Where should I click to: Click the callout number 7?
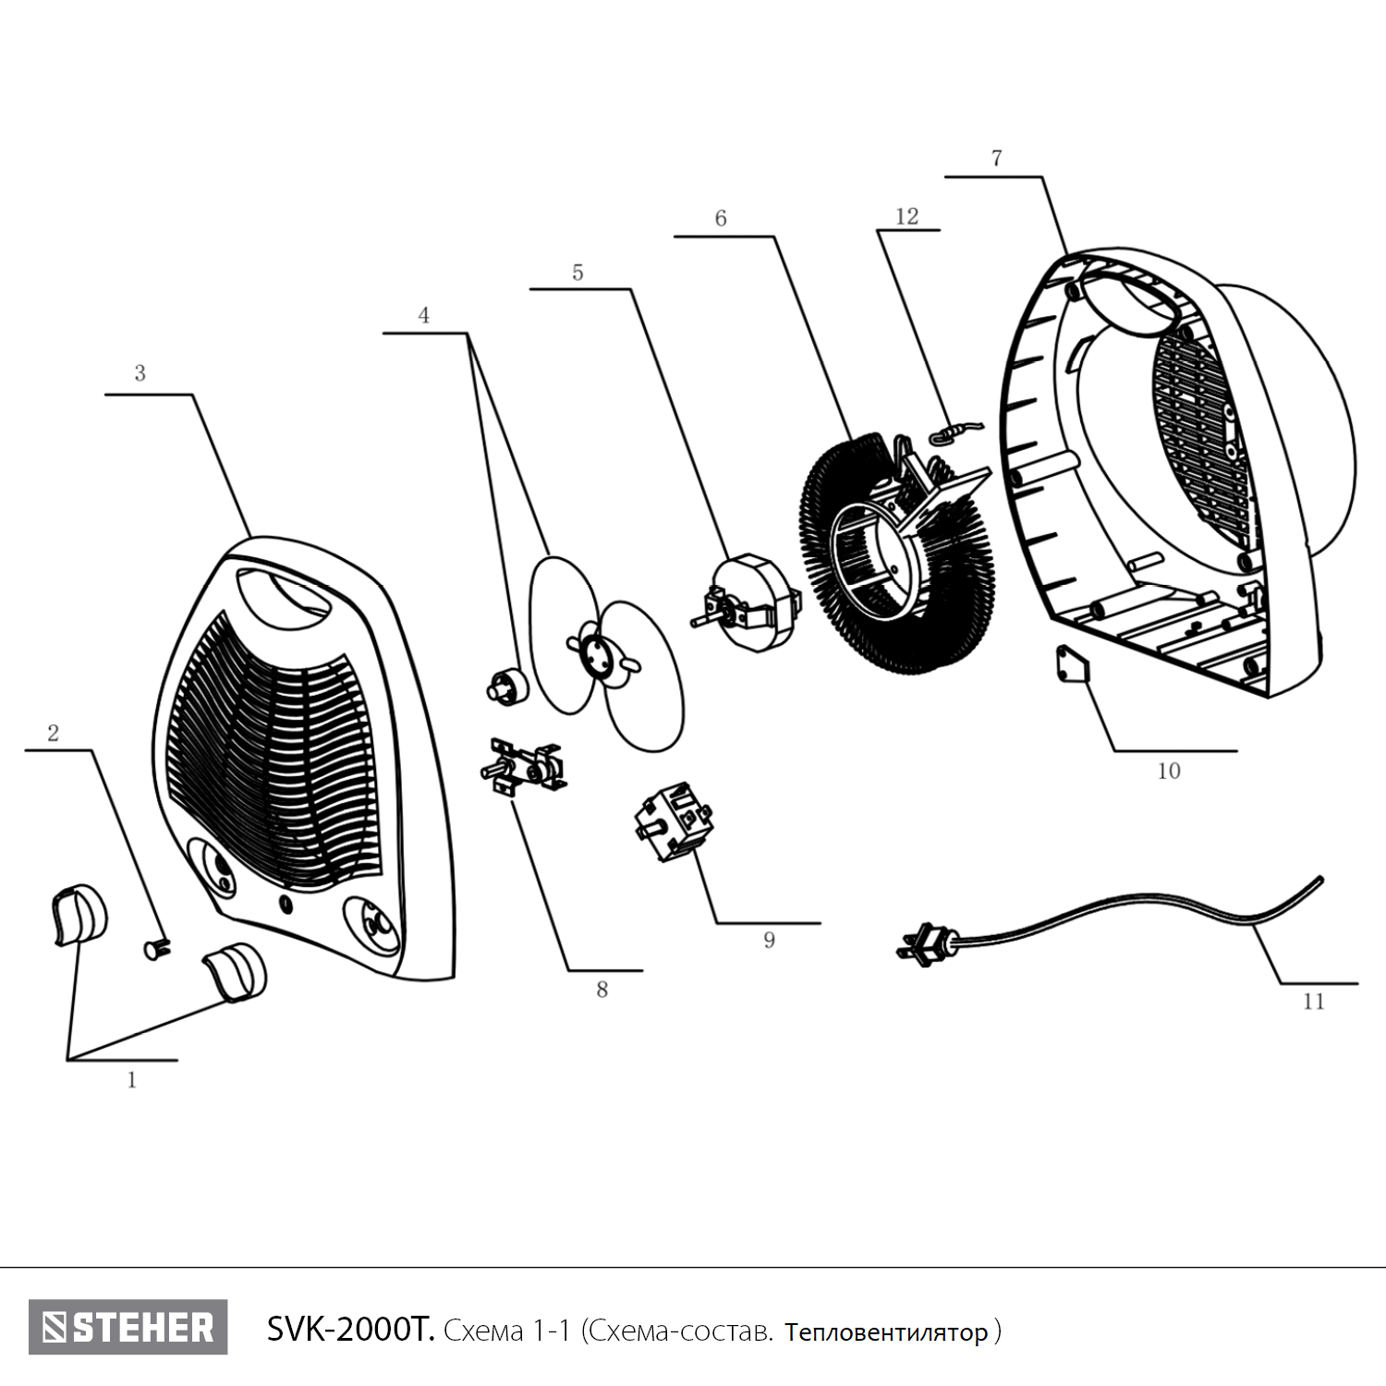tap(996, 158)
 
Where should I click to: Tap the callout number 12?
tap(906, 216)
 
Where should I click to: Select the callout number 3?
tap(140, 373)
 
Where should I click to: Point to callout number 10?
tap(1169, 771)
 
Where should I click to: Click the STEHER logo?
tap(128, 1328)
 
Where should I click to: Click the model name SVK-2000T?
tap(349, 1330)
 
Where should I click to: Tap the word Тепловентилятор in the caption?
tap(886, 1332)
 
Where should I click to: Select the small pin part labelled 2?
tap(156, 947)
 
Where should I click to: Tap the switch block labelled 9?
tap(672, 821)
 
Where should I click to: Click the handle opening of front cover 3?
tap(282, 592)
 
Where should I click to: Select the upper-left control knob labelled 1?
tap(78, 915)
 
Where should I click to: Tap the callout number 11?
tap(1313, 1002)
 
